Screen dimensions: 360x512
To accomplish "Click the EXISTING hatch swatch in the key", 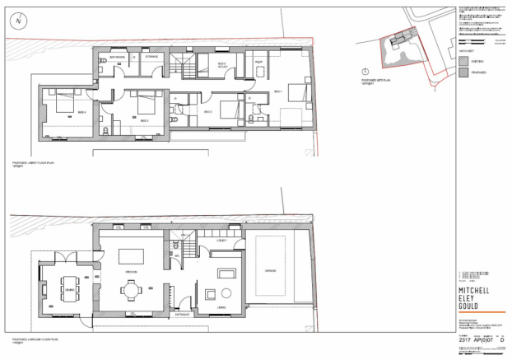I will click(463, 60).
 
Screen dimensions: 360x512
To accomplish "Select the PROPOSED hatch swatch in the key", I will click(463, 72).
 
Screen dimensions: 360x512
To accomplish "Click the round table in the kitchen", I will click(131, 290).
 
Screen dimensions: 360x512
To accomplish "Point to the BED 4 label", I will click(81, 111).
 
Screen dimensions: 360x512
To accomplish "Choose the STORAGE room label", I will click(151, 57).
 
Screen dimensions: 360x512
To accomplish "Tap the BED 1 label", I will click(277, 91).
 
